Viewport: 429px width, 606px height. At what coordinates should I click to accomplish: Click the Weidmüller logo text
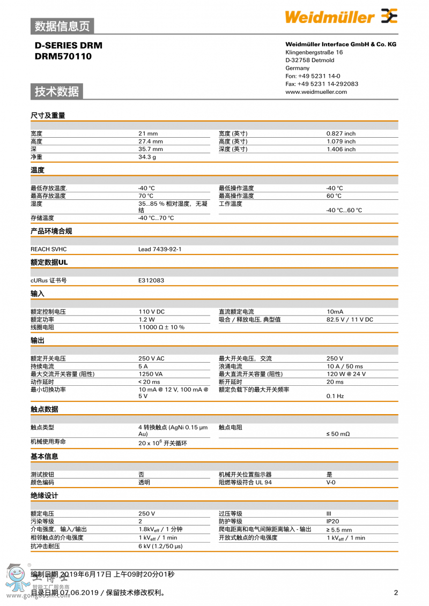click(329, 17)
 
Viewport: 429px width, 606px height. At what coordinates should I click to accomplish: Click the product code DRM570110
click(63, 56)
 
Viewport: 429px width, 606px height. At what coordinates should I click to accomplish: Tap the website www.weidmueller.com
click(316, 92)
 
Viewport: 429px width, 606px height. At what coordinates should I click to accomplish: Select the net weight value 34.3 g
click(147, 157)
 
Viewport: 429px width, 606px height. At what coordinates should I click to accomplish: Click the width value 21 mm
click(148, 133)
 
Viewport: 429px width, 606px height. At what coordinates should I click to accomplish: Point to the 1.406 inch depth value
click(341, 149)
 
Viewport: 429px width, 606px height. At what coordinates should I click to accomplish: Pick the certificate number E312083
click(151, 280)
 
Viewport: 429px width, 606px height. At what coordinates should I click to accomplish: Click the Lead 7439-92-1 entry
click(160, 249)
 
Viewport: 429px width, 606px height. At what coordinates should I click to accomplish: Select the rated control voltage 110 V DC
click(151, 312)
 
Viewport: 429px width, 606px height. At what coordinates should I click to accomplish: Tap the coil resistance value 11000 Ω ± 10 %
click(161, 327)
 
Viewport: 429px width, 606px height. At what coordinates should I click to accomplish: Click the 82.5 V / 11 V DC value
click(350, 319)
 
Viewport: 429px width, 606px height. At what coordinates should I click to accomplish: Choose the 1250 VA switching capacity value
click(150, 374)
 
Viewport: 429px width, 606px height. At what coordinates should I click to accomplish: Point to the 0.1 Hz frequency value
click(335, 396)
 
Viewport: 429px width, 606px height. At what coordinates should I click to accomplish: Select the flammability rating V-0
click(331, 482)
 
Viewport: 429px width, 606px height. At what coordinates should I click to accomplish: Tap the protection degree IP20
click(332, 521)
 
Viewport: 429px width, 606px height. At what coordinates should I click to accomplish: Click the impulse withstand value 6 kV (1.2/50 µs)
click(160, 546)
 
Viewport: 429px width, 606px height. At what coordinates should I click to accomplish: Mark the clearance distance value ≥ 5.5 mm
click(339, 530)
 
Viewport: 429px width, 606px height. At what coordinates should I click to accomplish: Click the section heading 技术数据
click(57, 92)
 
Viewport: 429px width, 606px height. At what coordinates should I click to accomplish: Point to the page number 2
click(396, 593)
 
